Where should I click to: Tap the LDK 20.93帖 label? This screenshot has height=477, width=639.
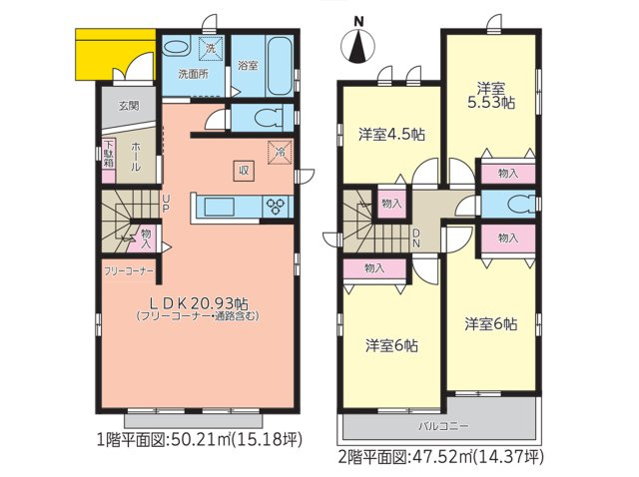199,303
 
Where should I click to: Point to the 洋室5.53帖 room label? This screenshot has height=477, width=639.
493,95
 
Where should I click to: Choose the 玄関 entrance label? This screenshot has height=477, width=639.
129,105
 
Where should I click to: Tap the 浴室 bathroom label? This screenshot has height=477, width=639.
248,66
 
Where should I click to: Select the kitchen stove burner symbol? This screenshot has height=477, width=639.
277,207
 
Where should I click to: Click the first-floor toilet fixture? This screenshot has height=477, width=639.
265,117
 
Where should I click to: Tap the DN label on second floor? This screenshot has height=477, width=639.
417,238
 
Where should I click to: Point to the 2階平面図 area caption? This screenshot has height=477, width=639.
440,458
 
